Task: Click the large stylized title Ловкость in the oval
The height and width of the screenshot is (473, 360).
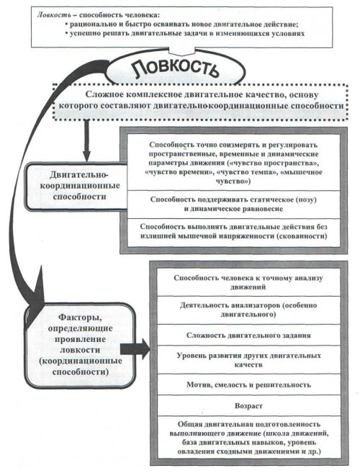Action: (x=176, y=69)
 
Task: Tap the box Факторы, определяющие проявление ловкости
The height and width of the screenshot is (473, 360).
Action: (x=80, y=345)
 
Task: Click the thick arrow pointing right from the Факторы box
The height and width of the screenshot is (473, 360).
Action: (x=135, y=348)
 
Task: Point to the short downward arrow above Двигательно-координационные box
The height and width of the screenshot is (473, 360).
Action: (x=86, y=140)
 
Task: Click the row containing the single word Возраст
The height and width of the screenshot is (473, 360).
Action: (x=248, y=406)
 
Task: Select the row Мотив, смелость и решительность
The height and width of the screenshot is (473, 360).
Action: (x=248, y=384)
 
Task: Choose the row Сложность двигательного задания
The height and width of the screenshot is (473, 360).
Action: (x=248, y=335)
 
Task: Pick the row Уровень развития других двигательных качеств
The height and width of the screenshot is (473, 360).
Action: (x=248, y=360)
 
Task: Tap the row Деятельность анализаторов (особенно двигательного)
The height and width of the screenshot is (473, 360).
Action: (x=248, y=310)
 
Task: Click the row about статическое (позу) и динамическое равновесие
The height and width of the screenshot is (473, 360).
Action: (x=233, y=204)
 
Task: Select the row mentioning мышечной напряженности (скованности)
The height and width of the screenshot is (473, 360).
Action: (x=233, y=232)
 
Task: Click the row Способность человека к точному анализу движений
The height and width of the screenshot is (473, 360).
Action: (x=248, y=282)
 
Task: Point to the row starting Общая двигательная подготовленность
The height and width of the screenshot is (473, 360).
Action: (x=248, y=438)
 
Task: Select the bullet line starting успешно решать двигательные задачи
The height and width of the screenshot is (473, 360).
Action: (x=184, y=33)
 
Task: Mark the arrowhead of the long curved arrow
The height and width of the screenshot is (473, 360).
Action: (x=35, y=305)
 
